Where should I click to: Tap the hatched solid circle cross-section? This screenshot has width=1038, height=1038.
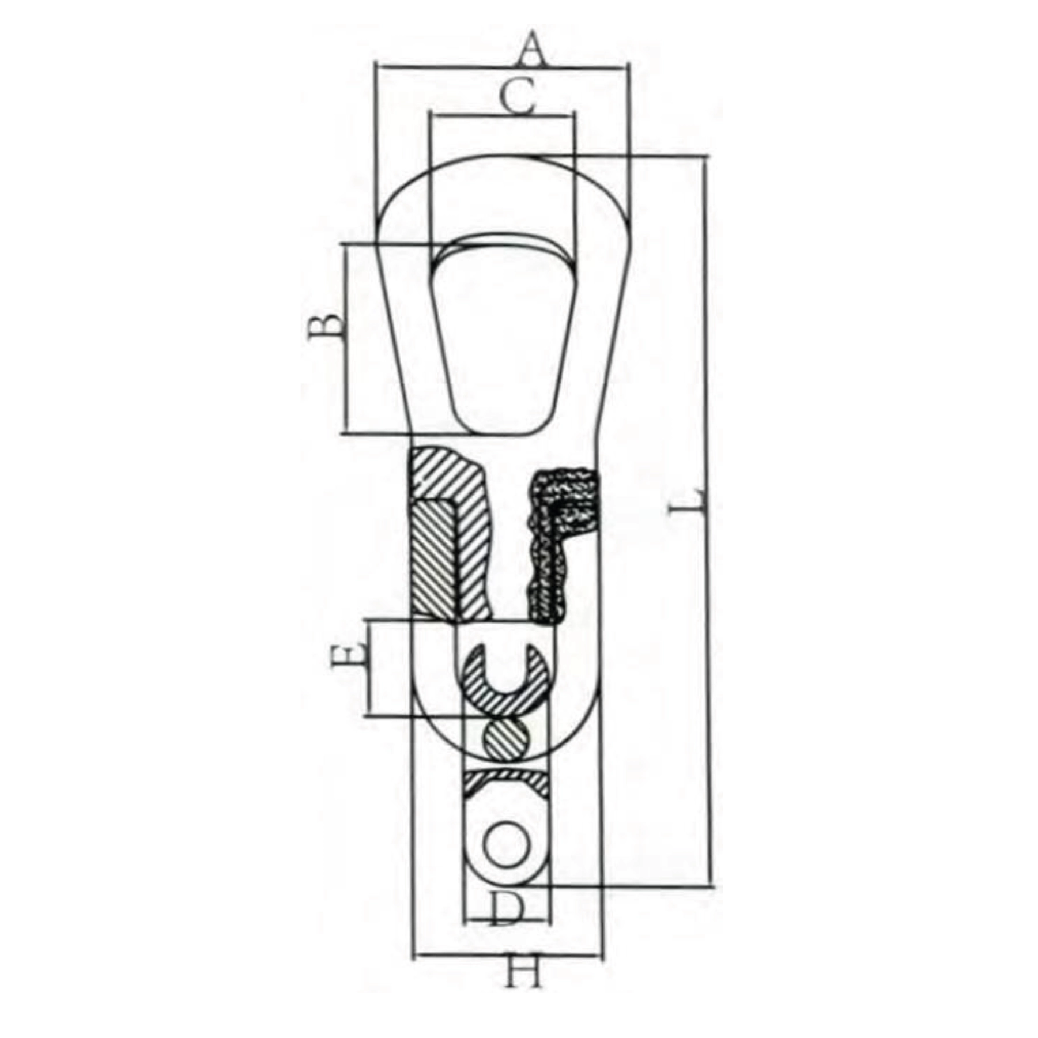(x=506, y=739)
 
